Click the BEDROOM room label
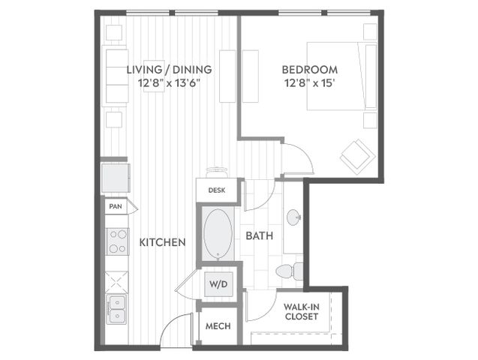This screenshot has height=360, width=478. [x=309, y=70]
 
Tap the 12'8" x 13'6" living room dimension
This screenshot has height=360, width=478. [x=169, y=82]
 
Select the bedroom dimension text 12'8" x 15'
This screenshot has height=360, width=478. [x=310, y=82]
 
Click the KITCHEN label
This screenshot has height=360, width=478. [x=163, y=242]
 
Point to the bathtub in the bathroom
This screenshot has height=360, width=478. [x=218, y=233]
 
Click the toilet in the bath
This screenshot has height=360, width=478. [x=290, y=271]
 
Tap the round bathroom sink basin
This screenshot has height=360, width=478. [x=294, y=217]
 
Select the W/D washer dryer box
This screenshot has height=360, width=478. [x=219, y=284]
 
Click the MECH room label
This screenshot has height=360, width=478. [x=218, y=326]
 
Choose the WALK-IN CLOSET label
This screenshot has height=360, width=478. [x=302, y=311]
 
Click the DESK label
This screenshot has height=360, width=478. [x=217, y=190]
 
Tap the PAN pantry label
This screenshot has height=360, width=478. [x=116, y=206]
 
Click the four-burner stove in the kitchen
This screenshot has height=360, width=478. [x=118, y=241]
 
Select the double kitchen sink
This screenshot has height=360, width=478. [x=116, y=309]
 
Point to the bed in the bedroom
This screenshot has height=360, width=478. [x=341, y=76]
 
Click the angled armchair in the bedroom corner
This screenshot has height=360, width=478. [x=357, y=157]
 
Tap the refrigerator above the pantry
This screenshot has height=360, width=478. [x=116, y=178]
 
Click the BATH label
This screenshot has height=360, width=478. [x=260, y=235]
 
